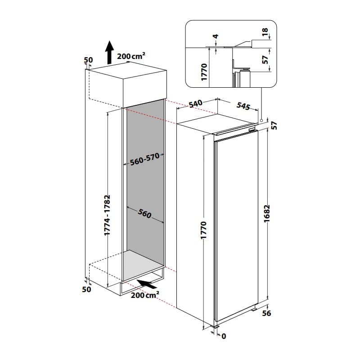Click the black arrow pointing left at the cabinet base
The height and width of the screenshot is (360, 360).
(148, 283)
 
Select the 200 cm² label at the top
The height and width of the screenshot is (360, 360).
(131, 56)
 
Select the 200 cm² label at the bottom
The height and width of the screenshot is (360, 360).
(145, 296)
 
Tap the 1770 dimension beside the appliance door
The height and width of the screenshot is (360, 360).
(203, 230)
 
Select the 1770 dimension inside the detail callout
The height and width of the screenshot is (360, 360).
(204, 72)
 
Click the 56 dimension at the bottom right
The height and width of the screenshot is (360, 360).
(266, 313)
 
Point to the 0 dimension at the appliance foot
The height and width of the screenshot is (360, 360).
(223, 336)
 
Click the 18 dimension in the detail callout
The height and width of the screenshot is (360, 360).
(265, 32)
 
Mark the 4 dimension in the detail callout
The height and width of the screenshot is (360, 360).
(216, 36)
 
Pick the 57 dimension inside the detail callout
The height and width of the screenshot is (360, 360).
(265, 59)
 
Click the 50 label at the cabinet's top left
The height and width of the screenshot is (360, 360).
(88, 60)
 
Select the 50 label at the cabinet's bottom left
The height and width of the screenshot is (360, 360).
(87, 290)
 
